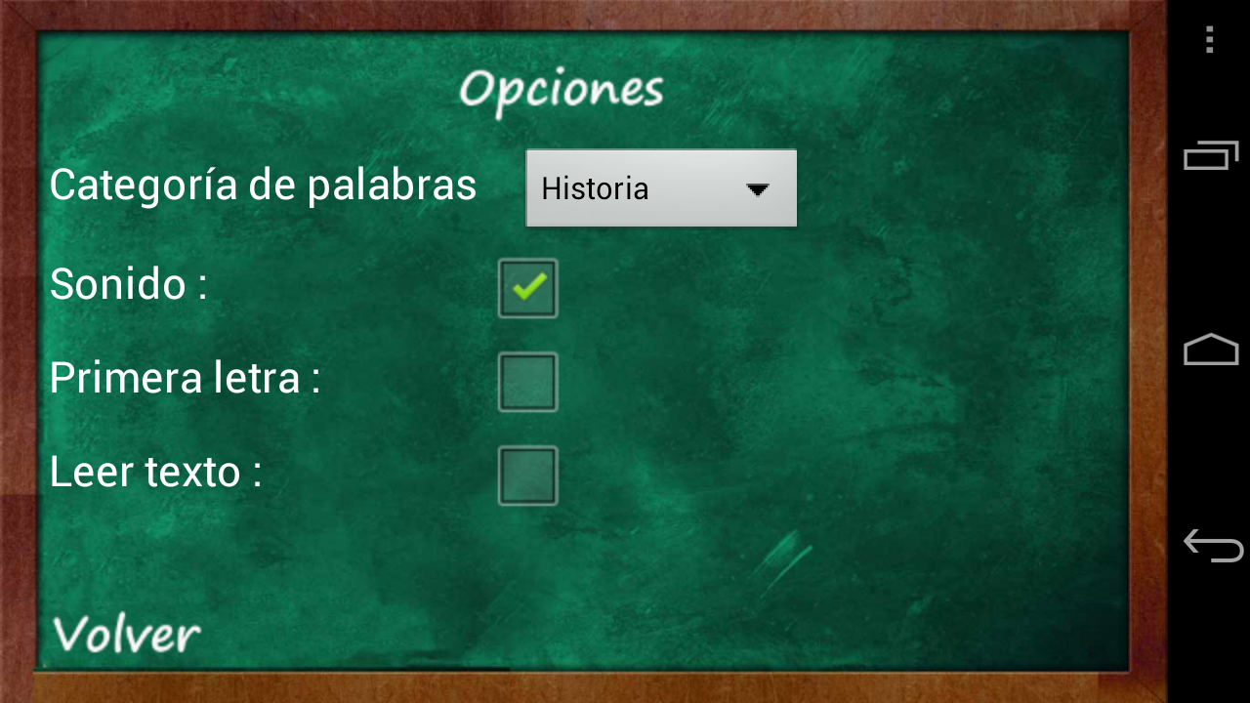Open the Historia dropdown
(x=661, y=188)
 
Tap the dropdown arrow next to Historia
(x=757, y=189)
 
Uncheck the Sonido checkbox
(x=528, y=288)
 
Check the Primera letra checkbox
(x=528, y=382)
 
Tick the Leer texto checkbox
(x=528, y=476)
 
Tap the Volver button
(x=127, y=635)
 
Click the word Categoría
(x=144, y=186)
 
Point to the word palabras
(x=392, y=186)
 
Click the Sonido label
(x=118, y=283)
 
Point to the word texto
(x=192, y=474)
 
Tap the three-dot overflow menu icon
(x=1209, y=40)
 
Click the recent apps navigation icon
(x=1211, y=155)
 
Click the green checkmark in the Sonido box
(x=529, y=286)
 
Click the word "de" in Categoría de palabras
(x=271, y=185)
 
